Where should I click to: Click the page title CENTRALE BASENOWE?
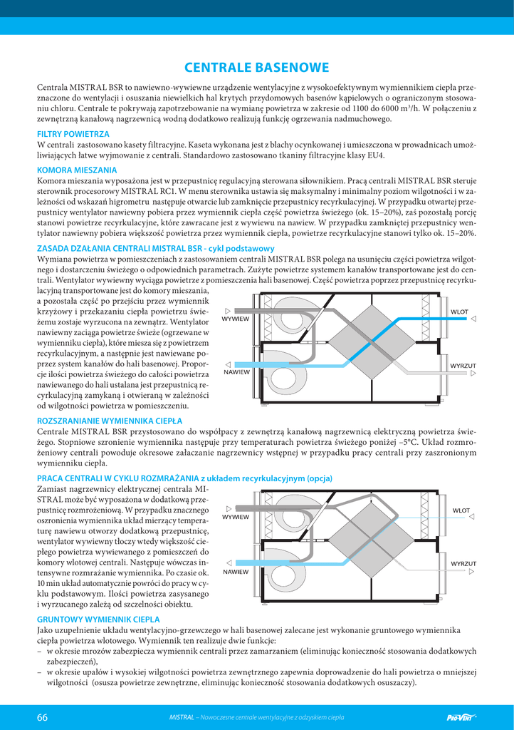click(x=256, y=68)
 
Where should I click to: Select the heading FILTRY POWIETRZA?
click(x=73, y=133)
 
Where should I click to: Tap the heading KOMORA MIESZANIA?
click(x=77, y=170)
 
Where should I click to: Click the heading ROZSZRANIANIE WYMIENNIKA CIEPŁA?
click(x=109, y=421)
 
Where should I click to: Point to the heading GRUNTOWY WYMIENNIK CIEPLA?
click(x=98, y=620)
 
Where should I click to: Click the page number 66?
click(x=42, y=717)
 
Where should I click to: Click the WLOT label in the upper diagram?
click(x=459, y=312)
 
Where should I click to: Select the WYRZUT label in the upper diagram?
click(x=462, y=365)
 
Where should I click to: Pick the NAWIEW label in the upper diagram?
click(x=236, y=372)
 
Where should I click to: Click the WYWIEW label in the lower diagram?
click(x=236, y=517)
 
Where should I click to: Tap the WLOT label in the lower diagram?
click(x=461, y=510)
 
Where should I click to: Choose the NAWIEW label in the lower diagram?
click(x=236, y=572)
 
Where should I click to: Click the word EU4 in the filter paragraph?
click(x=374, y=155)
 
